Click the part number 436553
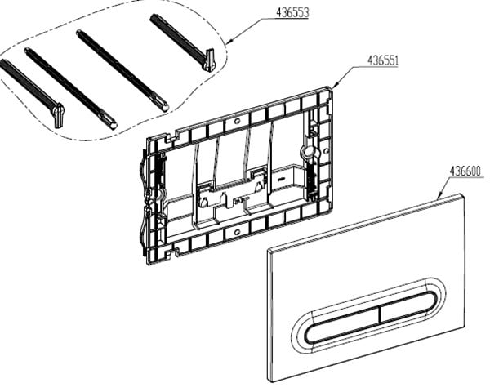(292, 12)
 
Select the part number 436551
(383, 60)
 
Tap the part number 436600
(465, 171)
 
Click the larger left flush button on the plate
(342, 324)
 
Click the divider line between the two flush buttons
(380, 314)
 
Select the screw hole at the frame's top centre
(238, 120)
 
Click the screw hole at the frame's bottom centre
(237, 232)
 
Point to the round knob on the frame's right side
(308, 152)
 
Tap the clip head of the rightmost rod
(209, 60)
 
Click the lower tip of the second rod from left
(114, 125)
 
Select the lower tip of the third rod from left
(165, 108)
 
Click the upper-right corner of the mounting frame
(330, 88)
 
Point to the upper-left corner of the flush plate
(268, 250)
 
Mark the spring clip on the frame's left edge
(145, 200)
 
